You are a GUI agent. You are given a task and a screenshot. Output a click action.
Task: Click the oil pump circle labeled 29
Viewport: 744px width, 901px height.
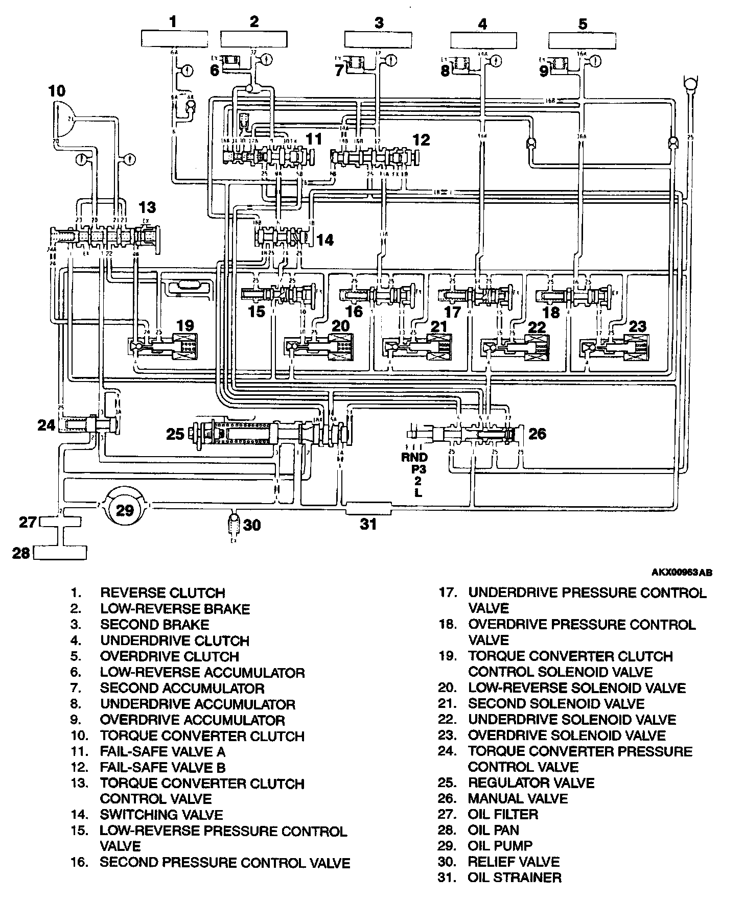pos(125,510)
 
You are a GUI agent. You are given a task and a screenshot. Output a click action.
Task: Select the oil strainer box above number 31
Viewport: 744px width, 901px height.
pos(368,508)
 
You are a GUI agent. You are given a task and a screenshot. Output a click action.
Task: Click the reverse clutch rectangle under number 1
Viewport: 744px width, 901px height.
pos(174,39)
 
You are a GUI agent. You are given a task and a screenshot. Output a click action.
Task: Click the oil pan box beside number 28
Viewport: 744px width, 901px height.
pos(60,552)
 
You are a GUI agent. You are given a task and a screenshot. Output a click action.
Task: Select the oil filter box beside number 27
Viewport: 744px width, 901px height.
pos(60,522)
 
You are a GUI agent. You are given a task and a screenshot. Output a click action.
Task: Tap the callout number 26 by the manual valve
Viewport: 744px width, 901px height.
pos(537,434)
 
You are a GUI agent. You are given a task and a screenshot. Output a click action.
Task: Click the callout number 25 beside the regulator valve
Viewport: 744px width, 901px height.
pos(175,435)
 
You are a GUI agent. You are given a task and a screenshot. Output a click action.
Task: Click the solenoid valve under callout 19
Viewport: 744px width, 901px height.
pos(165,347)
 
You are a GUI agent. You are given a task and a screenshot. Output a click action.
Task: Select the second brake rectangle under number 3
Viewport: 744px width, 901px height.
pos(378,39)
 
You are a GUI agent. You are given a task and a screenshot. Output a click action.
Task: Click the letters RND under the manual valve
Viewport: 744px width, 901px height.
pos(414,458)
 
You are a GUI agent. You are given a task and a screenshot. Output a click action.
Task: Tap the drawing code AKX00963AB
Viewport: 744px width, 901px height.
pos(681,573)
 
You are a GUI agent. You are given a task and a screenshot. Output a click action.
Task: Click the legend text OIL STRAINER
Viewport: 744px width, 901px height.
pos(514,878)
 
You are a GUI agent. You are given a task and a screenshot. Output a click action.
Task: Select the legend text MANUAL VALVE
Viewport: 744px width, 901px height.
pos(518,798)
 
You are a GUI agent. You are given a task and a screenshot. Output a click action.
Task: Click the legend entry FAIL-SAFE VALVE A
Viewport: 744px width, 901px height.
pos(162,751)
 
